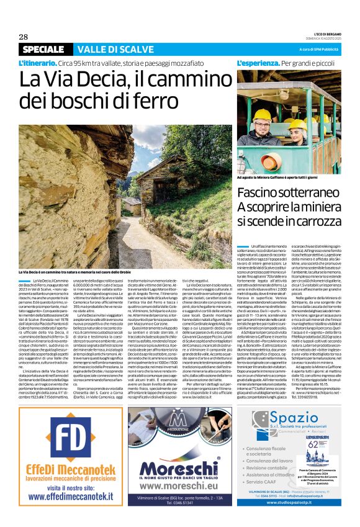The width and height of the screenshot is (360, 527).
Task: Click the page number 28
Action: point(24,37)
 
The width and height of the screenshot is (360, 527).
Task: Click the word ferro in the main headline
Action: point(143,101)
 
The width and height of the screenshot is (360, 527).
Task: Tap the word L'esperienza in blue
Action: point(257,64)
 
